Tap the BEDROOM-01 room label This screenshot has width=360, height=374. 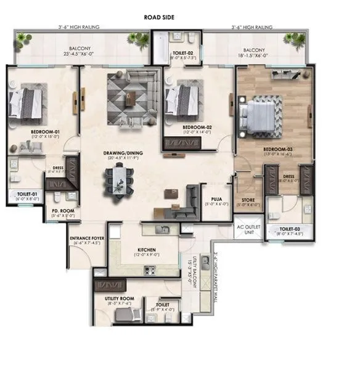(45, 132)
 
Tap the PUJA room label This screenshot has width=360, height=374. (216, 198)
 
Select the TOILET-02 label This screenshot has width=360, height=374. (183, 54)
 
